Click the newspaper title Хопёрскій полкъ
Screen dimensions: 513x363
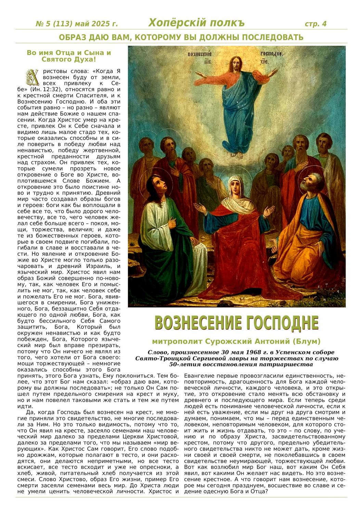[x=196, y=23]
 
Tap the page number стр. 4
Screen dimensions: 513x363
[x=315, y=24]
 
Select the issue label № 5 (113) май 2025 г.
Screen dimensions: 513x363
[x=77, y=24]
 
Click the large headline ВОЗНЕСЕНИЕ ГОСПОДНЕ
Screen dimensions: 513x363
[x=236, y=323]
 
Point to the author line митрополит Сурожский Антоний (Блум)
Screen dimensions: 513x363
[x=236, y=341]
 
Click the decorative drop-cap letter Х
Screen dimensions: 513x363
[x=33, y=77]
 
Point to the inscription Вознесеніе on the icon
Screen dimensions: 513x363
[x=199, y=54]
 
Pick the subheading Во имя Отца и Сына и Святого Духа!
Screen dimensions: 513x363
[x=69, y=56]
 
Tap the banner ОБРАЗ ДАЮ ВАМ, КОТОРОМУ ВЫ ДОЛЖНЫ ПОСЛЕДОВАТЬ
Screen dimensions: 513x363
[x=181, y=37]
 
